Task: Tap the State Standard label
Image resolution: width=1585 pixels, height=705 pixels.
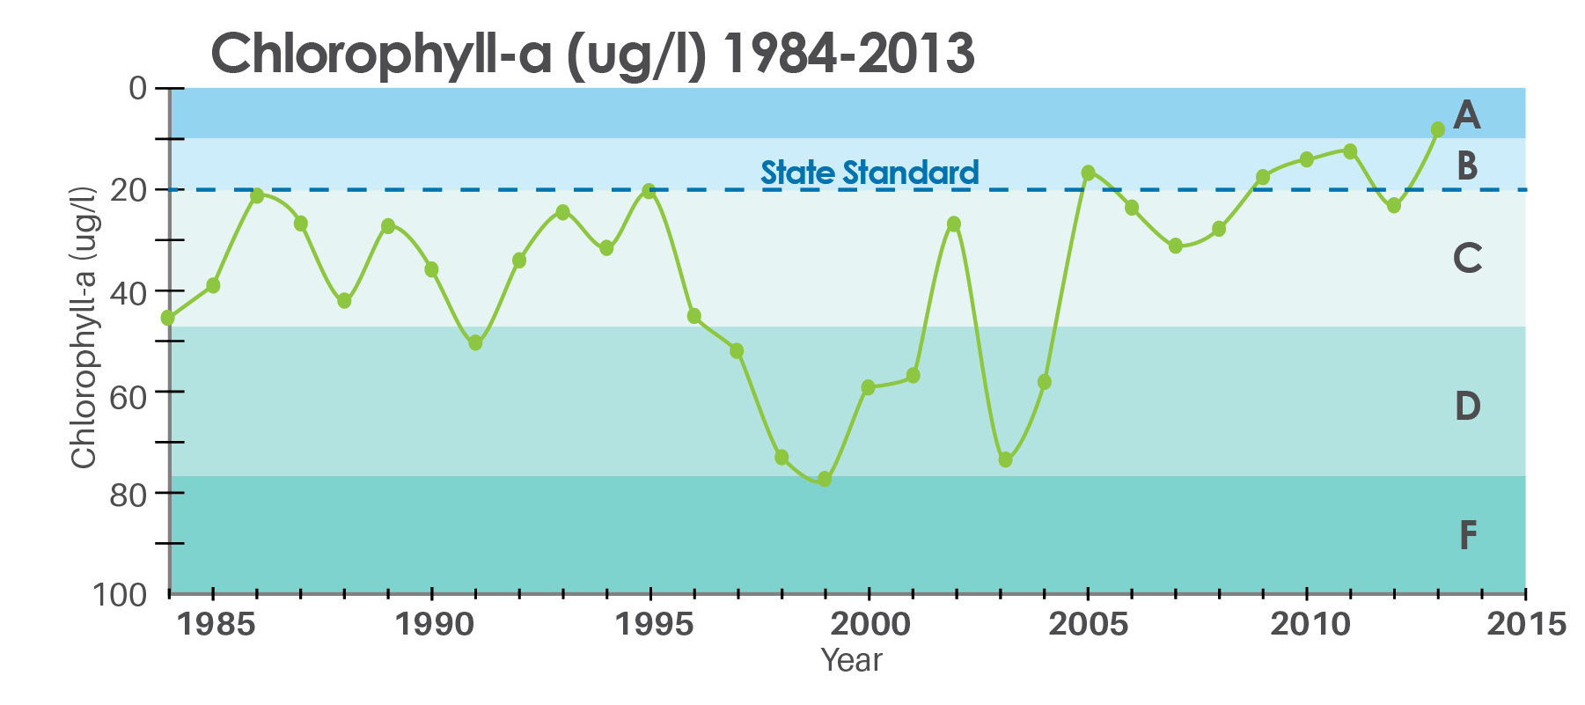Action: (870, 173)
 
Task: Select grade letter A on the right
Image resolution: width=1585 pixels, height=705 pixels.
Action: (1466, 114)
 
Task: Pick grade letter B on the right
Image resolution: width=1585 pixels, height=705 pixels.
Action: (1466, 165)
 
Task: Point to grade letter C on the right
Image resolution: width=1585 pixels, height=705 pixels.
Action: (1467, 258)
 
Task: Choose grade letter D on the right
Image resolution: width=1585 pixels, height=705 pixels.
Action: (1467, 406)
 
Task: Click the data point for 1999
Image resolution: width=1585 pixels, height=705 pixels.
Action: (825, 479)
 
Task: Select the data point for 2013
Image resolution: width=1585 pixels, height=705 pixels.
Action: (1438, 129)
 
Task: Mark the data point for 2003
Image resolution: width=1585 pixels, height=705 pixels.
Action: (1005, 459)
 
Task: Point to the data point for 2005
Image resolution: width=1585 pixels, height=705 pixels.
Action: (1089, 173)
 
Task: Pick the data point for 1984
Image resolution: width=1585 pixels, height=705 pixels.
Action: (168, 318)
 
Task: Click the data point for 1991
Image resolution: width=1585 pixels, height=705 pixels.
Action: (475, 342)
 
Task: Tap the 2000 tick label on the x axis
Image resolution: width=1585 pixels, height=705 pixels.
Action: (870, 624)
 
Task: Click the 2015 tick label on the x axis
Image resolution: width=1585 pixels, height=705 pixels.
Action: (1526, 624)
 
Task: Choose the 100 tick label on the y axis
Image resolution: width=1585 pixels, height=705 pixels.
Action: (121, 595)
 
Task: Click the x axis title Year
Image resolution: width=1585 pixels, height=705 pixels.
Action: (851, 660)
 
